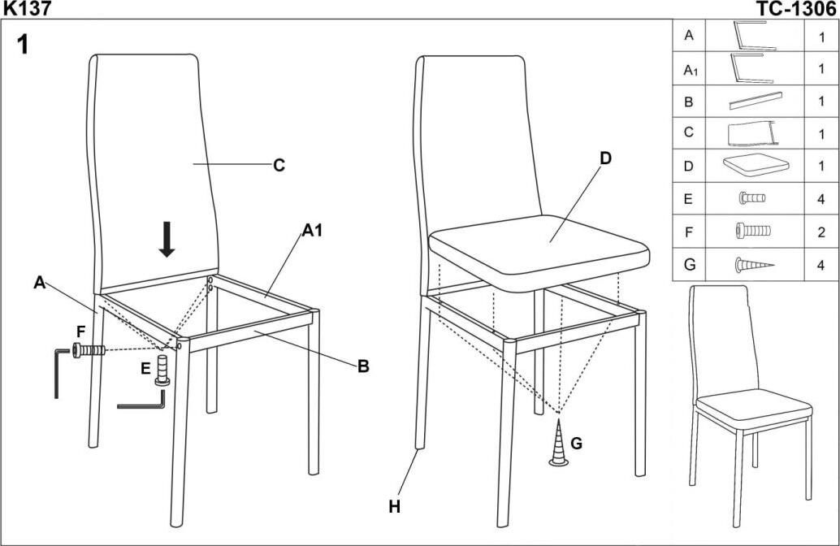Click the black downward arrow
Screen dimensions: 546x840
coord(167,238)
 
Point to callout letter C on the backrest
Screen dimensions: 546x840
coord(279,165)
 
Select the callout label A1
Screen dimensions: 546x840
coord(312,231)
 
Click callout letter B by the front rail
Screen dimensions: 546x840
coord(363,366)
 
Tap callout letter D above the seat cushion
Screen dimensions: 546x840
coord(605,158)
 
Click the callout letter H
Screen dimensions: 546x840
coord(395,506)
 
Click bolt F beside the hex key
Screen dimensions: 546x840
coord(89,351)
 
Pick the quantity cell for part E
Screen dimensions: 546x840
coord(821,197)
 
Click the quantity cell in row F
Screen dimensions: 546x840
coord(821,231)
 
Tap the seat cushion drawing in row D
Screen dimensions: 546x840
coord(755,166)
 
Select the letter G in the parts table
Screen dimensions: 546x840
coord(688,264)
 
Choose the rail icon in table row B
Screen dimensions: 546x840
coord(755,102)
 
